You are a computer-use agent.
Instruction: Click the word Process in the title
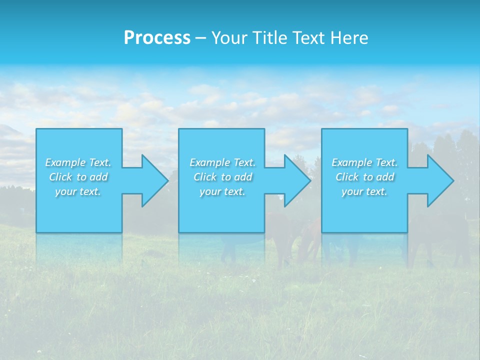click(x=157, y=38)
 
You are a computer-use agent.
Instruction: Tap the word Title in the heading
click(x=269, y=38)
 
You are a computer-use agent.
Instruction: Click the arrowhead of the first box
click(x=154, y=180)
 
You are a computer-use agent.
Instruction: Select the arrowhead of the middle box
click(x=297, y=180)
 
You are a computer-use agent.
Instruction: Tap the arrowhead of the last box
click(x=440, y=180)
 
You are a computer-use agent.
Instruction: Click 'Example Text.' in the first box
click(x=78, y=162)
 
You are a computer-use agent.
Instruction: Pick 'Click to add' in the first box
click(x=78, y=177)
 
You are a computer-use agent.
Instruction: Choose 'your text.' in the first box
click(x=78, y=191)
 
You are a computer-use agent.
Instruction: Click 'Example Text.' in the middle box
click(x=222, y=162)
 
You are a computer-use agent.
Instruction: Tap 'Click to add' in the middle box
click(x=222, y=177)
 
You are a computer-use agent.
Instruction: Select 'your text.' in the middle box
click(x=222, y=191)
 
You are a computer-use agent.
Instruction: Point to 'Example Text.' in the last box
click(x=364, y=162)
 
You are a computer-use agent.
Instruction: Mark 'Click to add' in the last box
click(x=364, y=177)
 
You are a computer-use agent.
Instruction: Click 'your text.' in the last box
click(x=364, y=191)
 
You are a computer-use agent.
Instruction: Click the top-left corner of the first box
click(x=36, y=129)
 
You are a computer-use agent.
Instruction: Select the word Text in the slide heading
click(x=310, y=38)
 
